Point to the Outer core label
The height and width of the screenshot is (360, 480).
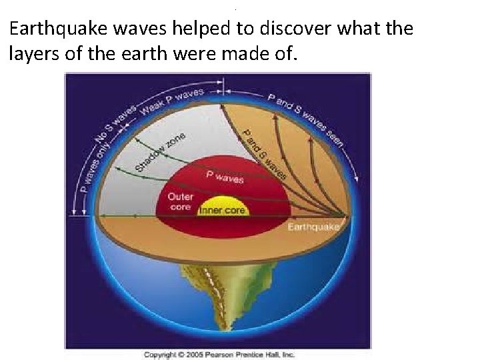pos(180,202)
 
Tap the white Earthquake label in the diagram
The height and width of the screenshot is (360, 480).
pos(313,227)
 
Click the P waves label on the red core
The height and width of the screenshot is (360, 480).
pos(225,177)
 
